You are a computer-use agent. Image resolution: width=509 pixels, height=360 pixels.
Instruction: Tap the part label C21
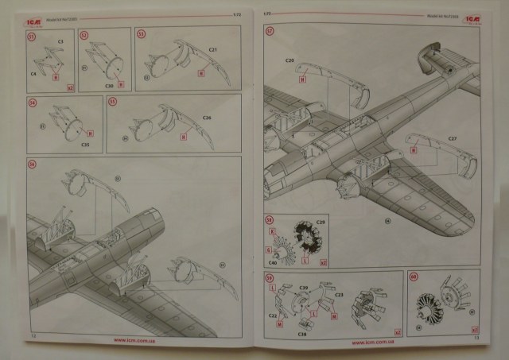pos(213,49)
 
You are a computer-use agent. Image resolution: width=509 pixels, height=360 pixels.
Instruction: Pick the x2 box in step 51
pos(71,88)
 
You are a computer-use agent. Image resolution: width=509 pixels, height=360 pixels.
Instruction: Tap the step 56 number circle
pos(33,164)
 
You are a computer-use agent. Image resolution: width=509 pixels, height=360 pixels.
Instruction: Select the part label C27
pos(452,140)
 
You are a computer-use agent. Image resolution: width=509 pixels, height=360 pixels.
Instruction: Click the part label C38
pos(303,335)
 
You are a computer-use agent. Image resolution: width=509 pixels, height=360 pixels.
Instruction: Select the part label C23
pos(339,294)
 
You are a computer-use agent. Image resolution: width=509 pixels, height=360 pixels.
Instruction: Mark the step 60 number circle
pos(414,278)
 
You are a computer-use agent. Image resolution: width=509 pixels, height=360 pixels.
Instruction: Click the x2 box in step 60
pos(474,328)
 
